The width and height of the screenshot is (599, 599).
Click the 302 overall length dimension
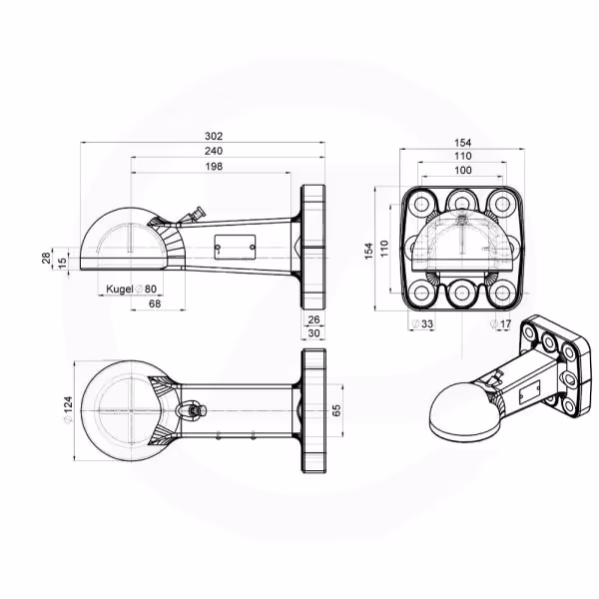click(x=214, y=136)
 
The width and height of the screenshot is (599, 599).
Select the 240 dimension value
click(x=214, y=151)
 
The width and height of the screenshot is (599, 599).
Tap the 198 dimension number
click(x=214, y=166)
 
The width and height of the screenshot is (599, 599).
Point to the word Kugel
click(x=119, y=290)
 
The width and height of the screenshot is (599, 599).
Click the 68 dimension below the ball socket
click(x=155, y=303)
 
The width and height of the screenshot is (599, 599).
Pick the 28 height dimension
click(x=46, y=258)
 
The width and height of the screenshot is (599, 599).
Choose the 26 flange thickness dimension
click(x=313, y=319)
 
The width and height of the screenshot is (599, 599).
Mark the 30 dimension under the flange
click(x=313, y=333)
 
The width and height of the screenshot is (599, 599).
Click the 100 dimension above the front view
click(x=463, y=170)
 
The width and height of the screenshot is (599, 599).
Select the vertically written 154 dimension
click(x=368, y=251)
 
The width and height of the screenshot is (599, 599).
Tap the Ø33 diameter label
click(x=423, y=323)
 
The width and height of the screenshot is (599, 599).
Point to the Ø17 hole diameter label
click(x=501, y=323)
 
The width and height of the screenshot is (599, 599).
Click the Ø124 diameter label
click(x=68, y=410)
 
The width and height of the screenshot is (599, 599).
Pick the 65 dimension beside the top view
click(x=337, y=410)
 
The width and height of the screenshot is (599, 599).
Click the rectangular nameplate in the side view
click(x=235, y=248)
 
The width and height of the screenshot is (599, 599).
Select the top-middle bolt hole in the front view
click(x=461, y=203)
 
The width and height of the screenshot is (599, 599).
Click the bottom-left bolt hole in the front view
click(x=421, y=294)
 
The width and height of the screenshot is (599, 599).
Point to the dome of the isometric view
click(x=460, y=413)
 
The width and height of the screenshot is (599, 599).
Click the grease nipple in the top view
click(x=192, y=410)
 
